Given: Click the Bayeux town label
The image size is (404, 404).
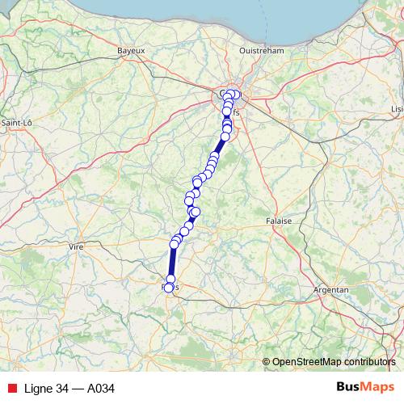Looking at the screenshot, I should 130,50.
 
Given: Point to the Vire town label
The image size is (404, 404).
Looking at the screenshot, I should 77,246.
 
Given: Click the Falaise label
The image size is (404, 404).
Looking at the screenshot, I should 278,220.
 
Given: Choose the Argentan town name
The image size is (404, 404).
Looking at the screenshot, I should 331,289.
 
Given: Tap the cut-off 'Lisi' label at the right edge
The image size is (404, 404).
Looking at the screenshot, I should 396,107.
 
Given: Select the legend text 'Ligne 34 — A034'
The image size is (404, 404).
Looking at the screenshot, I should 69,389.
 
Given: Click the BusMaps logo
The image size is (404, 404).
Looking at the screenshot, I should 364,388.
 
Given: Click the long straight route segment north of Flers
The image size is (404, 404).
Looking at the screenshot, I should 171,263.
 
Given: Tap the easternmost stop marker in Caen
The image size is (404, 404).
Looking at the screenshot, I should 236,95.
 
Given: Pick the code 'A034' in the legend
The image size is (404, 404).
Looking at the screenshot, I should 100,389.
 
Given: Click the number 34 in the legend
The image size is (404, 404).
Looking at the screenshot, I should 62,389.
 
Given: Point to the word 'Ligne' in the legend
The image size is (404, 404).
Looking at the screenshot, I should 40,389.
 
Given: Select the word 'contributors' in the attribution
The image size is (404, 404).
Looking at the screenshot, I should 369,362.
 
